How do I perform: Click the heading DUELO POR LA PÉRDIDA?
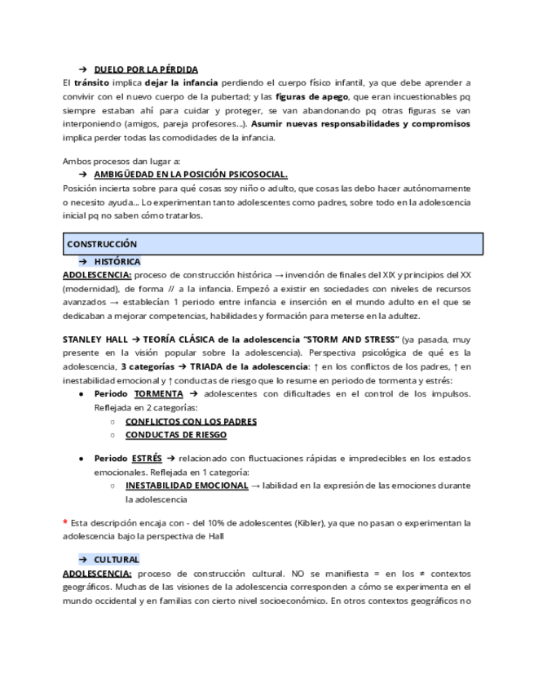145,69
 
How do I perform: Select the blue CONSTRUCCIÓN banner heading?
102,244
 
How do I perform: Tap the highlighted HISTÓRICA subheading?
117,262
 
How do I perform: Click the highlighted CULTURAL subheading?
116,560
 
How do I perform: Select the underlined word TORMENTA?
158,394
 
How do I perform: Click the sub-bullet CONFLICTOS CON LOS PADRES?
191,422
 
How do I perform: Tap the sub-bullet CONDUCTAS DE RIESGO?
176,435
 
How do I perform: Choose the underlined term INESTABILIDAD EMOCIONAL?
187,486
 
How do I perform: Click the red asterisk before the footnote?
65,522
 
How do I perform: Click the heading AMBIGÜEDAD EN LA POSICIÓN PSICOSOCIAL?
191,175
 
